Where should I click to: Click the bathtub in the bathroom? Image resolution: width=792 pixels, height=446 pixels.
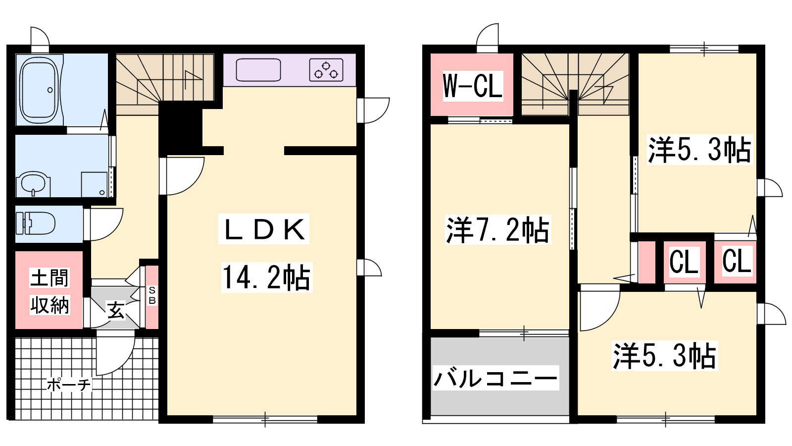tap(39, 90)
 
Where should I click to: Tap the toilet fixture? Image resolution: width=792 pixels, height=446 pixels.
tap(36, 223)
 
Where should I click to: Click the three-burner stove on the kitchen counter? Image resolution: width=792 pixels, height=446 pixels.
tap(326, 70)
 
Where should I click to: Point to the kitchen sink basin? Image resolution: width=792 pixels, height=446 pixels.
tap(258, 70)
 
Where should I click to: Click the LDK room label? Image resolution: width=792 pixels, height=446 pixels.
tap(264, 229)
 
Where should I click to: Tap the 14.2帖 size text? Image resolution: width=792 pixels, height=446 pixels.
tap(267, 277)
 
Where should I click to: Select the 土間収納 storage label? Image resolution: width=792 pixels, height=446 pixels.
tap(49, 292)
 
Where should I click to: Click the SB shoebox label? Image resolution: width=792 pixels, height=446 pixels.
tap(152, 295)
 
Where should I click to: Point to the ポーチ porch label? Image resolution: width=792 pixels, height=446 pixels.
tap(69, 385)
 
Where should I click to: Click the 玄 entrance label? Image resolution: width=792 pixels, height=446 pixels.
tap(116, 310)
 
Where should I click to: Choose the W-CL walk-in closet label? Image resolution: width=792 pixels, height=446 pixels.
tap(473, 86)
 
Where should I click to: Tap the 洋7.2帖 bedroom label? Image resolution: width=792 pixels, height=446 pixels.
tap(498, 230)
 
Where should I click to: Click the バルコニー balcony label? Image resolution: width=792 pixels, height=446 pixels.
tap(495, 378)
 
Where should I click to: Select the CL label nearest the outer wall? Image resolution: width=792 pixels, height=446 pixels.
tap(737, 261)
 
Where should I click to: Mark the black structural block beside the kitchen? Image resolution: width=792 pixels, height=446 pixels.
tap(180, 128)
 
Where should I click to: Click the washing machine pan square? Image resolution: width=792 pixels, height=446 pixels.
tap(94, 184)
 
